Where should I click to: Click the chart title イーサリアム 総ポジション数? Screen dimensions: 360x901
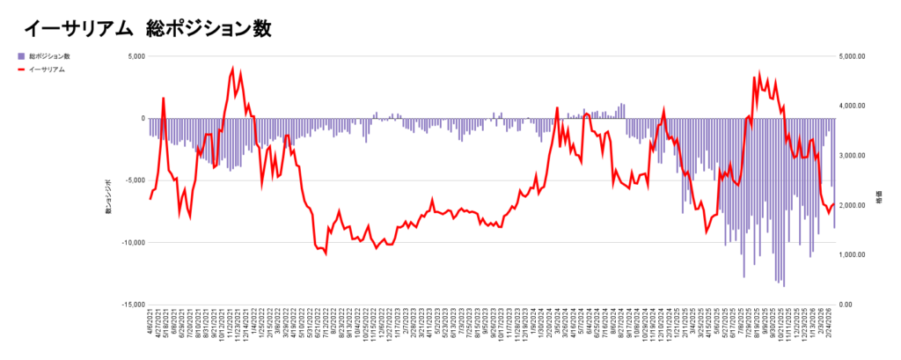147,28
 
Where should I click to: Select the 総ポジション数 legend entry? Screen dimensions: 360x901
48,56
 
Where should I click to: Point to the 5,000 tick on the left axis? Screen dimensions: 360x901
135,56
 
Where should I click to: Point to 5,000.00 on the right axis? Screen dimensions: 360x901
853,56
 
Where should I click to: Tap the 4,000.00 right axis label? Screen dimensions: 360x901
853,106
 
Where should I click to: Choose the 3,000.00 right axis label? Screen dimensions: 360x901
853,156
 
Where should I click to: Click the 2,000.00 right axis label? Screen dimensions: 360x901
853,205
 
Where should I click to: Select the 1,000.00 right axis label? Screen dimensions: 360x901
853,255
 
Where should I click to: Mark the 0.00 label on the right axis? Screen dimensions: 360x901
846,305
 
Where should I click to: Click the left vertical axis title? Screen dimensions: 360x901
109,196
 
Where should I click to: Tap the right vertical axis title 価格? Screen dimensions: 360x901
879,199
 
